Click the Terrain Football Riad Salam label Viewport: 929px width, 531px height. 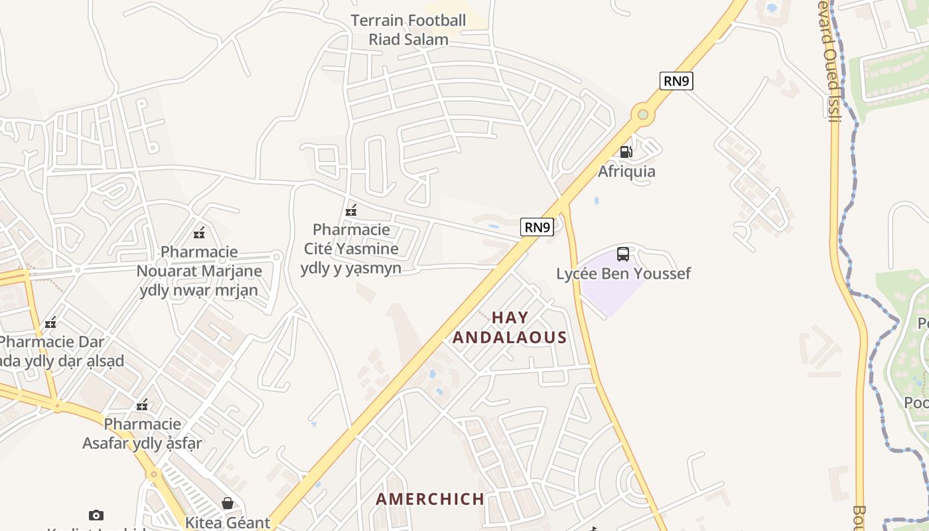pos(409,30)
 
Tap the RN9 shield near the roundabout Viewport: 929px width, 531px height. pos(676,81)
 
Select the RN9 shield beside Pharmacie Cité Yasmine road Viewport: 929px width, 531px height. pos(537,227)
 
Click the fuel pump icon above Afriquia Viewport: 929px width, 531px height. pos(626,152)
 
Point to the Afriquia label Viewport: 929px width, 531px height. pos(626,171)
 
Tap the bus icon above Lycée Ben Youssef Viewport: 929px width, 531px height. pos(623,254)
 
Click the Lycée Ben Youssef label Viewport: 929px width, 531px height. pos(623,273)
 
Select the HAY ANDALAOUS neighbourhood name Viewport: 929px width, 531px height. pos(510,327)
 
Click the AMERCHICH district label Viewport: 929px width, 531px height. pos(430,499)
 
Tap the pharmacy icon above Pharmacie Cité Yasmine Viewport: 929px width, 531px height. pos(351,210)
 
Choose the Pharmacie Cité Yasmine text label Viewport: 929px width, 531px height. pos(351,249)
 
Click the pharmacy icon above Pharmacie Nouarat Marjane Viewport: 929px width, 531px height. pos(198,232)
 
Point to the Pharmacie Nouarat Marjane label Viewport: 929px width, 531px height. pos(199,271)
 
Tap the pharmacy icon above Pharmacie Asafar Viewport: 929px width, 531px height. pos(142,404)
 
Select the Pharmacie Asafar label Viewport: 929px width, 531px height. pos(142,433)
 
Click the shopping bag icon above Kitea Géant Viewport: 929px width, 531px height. pos(228,503)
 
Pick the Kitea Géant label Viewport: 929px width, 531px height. pos(228,522)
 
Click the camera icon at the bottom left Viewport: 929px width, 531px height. pos(96,515)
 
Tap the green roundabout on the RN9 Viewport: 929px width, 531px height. pos(642,115)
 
